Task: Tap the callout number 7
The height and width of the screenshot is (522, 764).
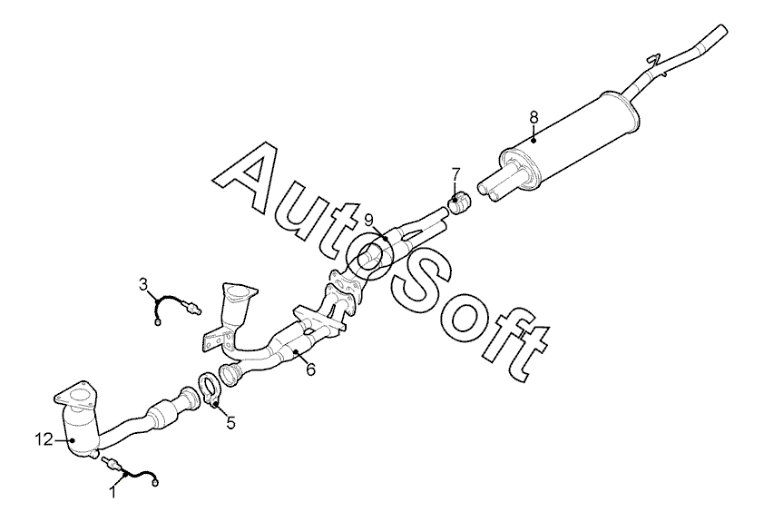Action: click(455, 172)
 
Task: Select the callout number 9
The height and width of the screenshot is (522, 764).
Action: click(369, 220)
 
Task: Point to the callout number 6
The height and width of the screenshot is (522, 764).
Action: click(310, 370)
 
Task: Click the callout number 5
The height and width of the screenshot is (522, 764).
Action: click(230, 422)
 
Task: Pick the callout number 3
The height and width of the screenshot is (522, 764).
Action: click(143, 285)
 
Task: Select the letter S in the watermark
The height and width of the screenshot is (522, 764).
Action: click(426, 281)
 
